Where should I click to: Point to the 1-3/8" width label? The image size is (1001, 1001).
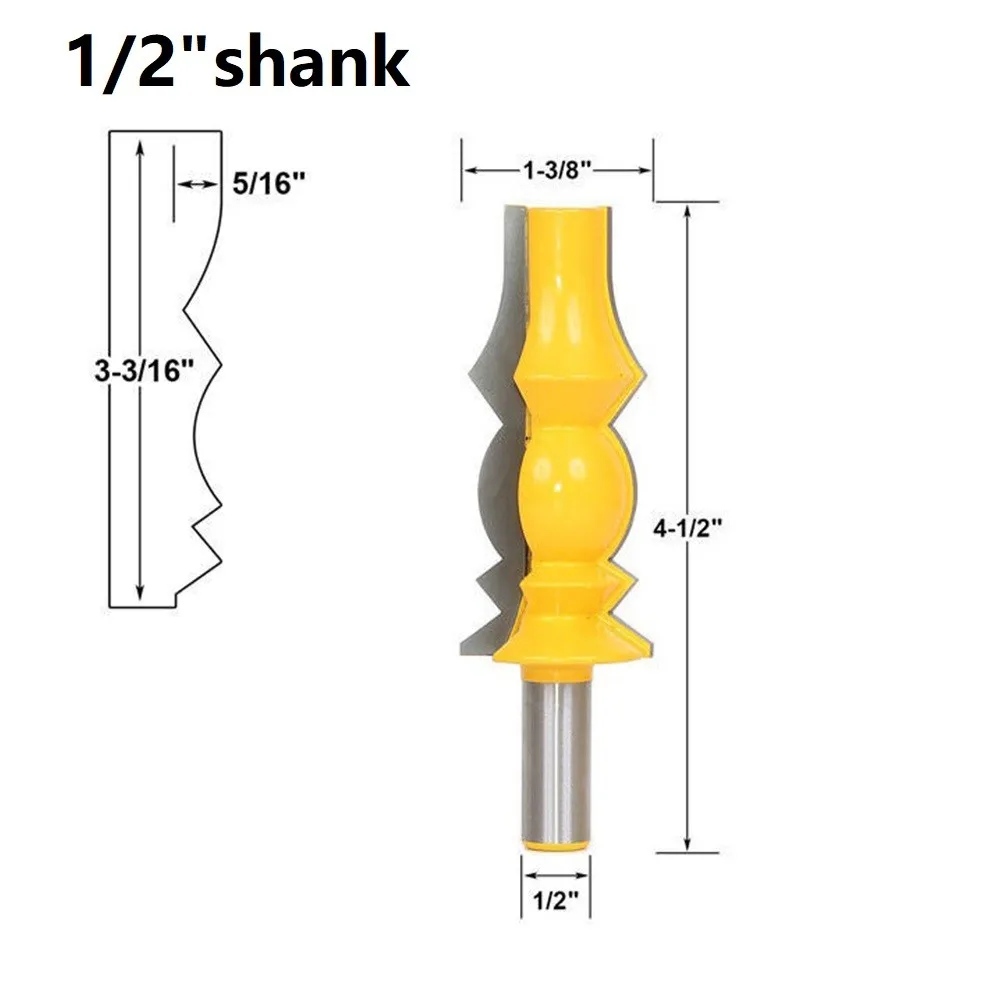(558, 170)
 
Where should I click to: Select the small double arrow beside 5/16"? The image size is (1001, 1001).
(197, 184)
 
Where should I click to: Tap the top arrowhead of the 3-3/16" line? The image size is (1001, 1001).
(139, 145)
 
